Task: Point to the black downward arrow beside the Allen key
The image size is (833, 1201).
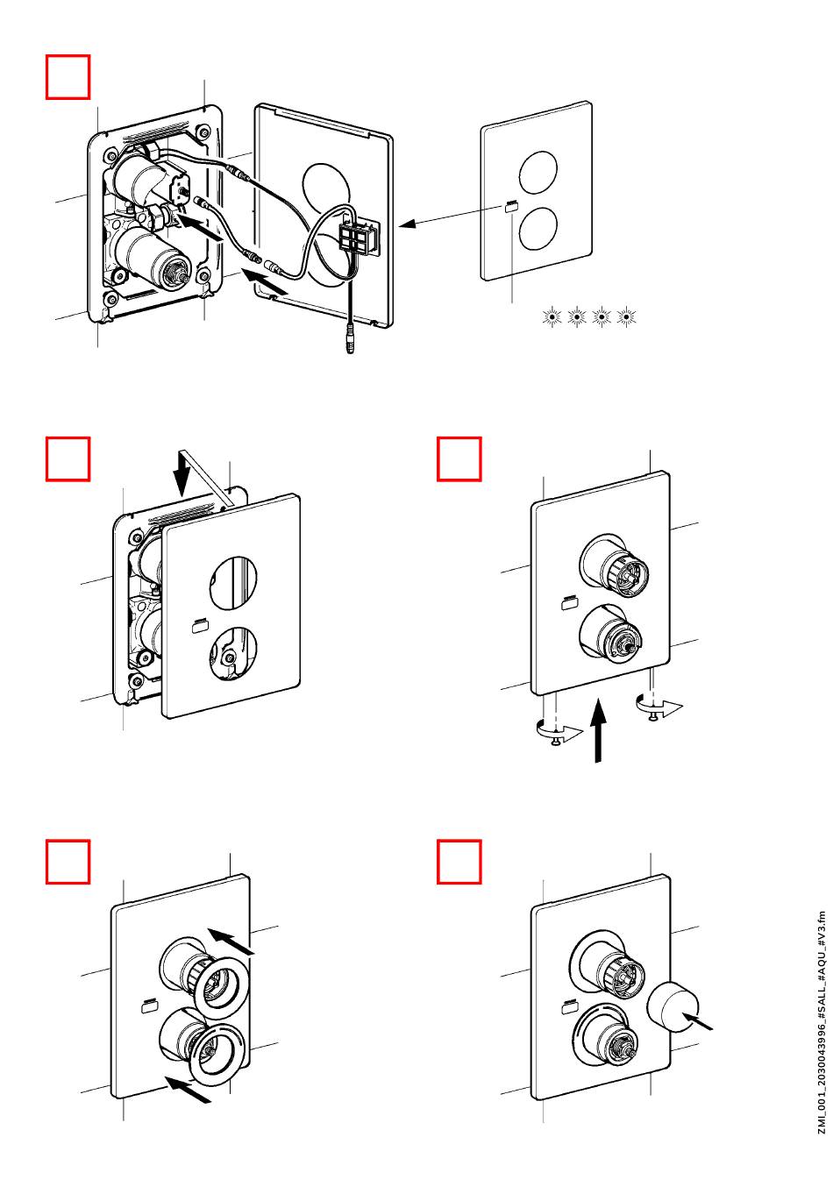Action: tap(182, 474)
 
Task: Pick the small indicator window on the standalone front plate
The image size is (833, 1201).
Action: tap(511, 207)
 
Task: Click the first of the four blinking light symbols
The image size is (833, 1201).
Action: tap(552, 316)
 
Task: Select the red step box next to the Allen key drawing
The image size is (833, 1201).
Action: tap(68, 459)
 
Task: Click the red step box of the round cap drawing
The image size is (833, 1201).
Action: tap(459, 862)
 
